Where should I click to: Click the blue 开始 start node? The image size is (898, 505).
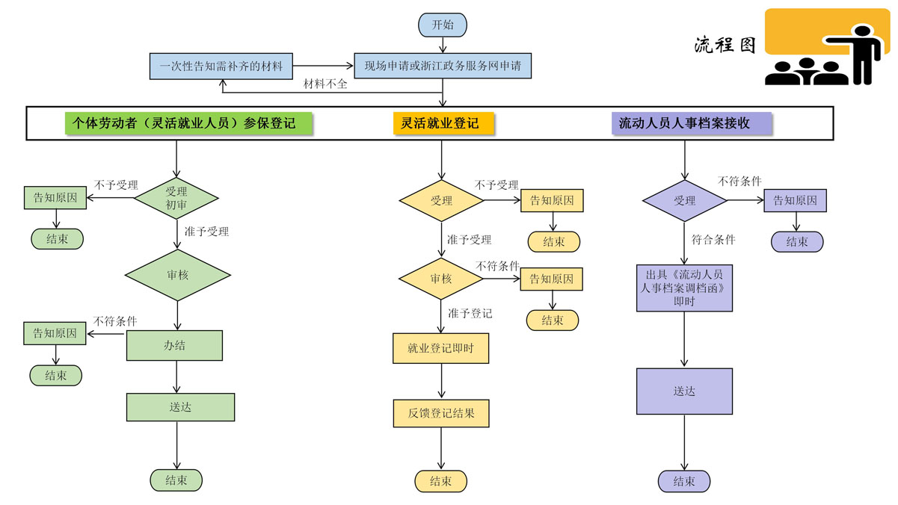[443, 24]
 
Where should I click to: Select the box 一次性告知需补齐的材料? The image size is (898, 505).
[221, 66]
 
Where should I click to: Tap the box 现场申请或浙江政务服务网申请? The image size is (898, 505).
[443, 66]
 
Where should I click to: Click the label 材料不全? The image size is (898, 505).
[325, 84]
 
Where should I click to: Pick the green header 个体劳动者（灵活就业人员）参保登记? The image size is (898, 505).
[190, 123]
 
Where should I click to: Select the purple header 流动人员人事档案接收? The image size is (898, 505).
[684, 123]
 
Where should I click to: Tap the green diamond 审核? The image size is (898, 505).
[176, 275]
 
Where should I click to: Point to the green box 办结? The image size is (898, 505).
[175, 345]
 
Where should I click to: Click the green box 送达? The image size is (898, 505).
[180, 407]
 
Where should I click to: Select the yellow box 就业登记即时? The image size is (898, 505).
[440, 348]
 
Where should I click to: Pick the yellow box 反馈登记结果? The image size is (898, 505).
[441, 413]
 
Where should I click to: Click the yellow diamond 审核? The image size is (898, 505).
[440, 279]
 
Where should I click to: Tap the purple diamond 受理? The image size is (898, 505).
[684, 200]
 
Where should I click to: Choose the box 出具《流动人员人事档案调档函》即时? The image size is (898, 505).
[684, 288]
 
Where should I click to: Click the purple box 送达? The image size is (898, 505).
[684, 391]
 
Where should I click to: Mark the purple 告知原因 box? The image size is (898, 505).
[795, 200]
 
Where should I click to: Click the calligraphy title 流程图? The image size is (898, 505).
[725, 45]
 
